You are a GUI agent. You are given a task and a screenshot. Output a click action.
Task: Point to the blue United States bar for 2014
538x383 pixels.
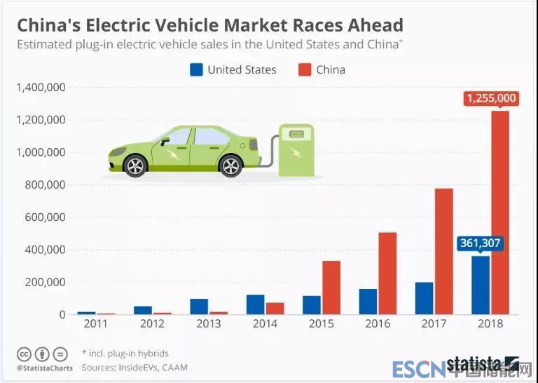[x=255, y=304]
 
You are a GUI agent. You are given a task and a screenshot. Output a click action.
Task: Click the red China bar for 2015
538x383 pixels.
[x=331, y=288]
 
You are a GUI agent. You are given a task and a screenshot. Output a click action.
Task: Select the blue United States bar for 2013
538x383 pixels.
[x=199, y=307]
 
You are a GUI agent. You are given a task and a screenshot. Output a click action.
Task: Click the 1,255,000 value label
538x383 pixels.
[x=491, y=98]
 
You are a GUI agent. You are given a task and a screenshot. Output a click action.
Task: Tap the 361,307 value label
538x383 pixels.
[x=481, y=243]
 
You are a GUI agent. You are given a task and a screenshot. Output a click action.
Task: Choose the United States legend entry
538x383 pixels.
[x=233, y=69]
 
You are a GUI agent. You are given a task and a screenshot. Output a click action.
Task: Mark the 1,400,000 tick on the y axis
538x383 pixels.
[x=39, y=88]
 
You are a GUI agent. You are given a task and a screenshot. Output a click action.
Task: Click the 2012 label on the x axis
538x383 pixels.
[x=152, y=323]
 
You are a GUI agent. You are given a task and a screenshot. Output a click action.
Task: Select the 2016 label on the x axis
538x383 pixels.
[x=378, y=323]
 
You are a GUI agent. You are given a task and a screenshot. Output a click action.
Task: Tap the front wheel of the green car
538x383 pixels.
[x=134, y=166]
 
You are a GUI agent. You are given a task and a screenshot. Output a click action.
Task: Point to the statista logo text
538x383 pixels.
[x=474, y=364]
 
